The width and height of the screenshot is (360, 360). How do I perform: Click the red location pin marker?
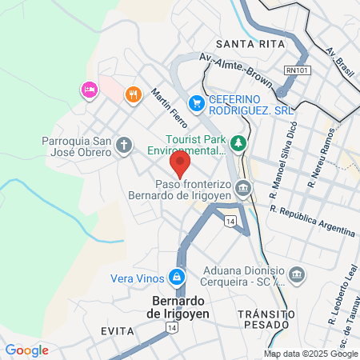pyautogui.click(x=180, y=164)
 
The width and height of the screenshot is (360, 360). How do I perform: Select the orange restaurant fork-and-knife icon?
pyautogui.click(x=133, y=94)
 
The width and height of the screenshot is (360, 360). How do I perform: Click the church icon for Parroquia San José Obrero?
pyautogui.click(x=123, y=145)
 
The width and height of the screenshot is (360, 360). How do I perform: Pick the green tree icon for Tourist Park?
pyautogui.click(x=238, y=143)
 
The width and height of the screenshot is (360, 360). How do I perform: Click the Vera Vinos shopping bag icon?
pyautogui.click(x=175, y=278)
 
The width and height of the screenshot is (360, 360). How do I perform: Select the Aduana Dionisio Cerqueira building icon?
pyautogui.click(x=297, y=275)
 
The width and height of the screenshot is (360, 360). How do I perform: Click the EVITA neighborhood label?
pyautogui.click(x=116, y=330)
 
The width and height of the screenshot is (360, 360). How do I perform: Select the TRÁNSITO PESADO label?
pyautogui.click(x=266, y=320)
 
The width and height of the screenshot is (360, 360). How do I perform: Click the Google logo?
pyautogui.click(x=26, y=350)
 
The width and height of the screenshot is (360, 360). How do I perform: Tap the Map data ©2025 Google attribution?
pyautogui.click(x=311, y=354)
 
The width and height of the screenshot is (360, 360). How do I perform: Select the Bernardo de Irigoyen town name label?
pyautogui.click(x=180, y=308)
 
